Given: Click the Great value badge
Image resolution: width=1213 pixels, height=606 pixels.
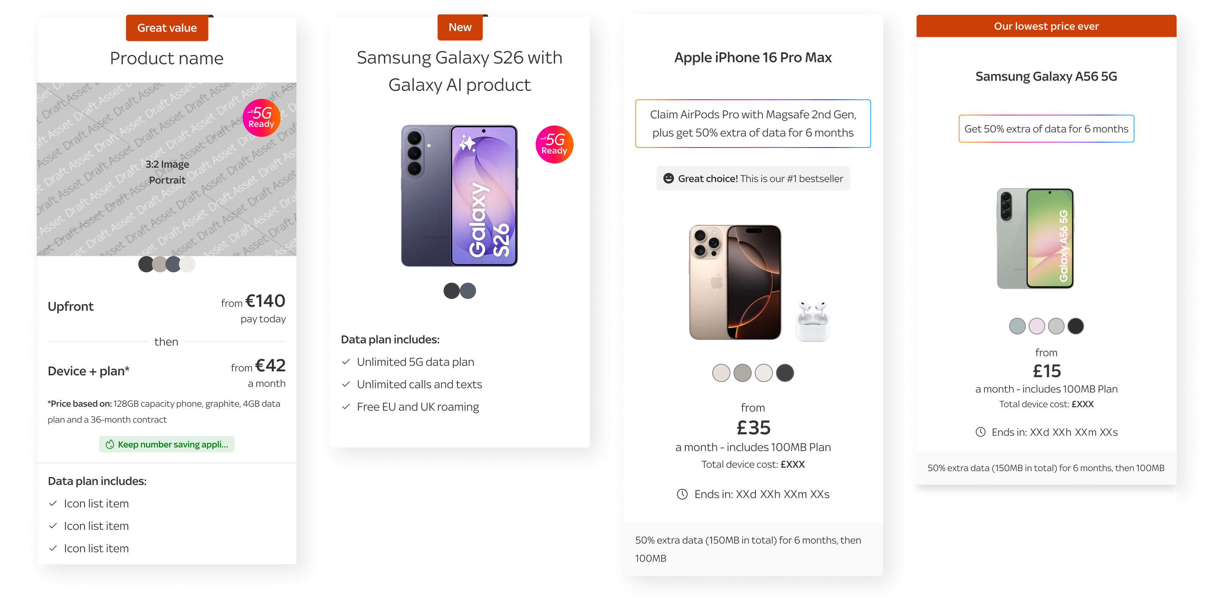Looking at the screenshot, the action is click(x=167, y=28).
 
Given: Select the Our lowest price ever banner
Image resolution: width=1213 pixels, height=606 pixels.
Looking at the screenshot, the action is click(x=1046, y=26).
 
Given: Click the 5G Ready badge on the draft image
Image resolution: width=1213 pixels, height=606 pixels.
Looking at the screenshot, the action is click(x=261, y=117).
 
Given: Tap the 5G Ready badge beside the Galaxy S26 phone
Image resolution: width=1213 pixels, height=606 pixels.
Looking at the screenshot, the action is click(x=554, y=144).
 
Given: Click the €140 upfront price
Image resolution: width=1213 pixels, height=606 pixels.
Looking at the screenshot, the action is click(x=265, y=301).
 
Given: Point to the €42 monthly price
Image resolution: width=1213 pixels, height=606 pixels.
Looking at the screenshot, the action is click(x=270, y=365).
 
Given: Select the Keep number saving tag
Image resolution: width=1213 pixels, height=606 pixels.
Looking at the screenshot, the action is click(x=167, y=444).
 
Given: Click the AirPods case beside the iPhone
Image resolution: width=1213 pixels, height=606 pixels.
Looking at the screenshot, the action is click(x=813, y=321).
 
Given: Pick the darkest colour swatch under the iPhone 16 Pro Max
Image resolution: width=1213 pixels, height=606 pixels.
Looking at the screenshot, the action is click(x=785, y=373).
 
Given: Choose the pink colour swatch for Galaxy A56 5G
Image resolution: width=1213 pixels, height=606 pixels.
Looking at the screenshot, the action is click(x=1036, y=326).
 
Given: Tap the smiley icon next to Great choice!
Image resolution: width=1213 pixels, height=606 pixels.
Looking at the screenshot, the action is click(x=668, y=178).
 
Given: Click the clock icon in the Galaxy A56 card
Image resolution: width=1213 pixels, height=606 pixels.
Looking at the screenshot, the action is click(x=980, y=432).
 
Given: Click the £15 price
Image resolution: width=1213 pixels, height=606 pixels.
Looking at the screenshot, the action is click(x=1046, y=371).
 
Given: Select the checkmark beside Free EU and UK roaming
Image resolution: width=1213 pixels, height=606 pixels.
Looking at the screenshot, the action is click(x=346, y=407).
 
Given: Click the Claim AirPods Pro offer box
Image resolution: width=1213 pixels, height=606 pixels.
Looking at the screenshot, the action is click(x=753, y=124).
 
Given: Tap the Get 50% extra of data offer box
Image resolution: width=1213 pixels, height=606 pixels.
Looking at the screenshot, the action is click(x=1046, y=129).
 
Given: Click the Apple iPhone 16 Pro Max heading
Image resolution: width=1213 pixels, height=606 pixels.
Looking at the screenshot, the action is click(x=753, y=58).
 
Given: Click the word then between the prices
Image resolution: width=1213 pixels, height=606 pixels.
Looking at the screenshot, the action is click(x=166, y=342).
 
